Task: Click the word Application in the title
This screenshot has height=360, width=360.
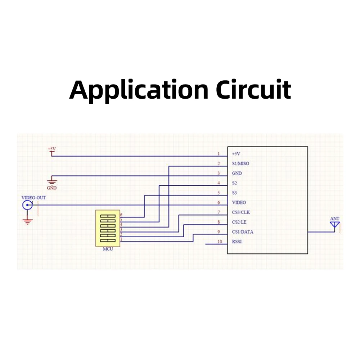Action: pyautogui.click(x=139, y=90)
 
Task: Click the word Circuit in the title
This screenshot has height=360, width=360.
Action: pyautogui.click(x=253, y=90)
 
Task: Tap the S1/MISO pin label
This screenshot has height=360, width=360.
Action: pyautogui.click(x=240, y=163)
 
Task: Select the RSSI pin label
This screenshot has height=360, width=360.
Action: pyautogui.click(x=237, y=242)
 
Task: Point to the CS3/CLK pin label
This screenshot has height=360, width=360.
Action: pyautogui.click(x=241, y=212)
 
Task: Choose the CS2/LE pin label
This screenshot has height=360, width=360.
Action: pyautogui.click(x=239, y=222)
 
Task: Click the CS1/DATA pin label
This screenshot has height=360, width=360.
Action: pyautogui.click(x=242, y=232)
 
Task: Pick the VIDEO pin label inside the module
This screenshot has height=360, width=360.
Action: pyautogui.click(x=239, y=202)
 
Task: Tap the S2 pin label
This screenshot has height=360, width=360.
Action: pyautogui.click(x=234, y=183)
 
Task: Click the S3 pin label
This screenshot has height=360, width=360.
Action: pyautogui.click(x=234, y=193)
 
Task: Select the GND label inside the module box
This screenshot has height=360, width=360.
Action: pyautogui.click(x=237, y=174)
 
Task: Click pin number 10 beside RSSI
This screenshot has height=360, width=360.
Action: pyautogui.click(x=220, y=242)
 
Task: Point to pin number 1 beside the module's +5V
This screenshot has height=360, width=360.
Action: pyautogui.click(x=219, y=154)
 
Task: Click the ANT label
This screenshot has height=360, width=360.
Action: pyautogui.click(x=335, y=219)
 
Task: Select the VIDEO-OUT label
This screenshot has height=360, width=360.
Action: pyautogui.click(x=33, y=198)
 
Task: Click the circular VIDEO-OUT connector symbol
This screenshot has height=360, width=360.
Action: pyautogui.click(x=27, y=205)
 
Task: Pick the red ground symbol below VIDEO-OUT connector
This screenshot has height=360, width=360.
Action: pyautogui.click(x=28, y=221)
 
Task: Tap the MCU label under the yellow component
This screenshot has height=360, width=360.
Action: pyautogui.click(x=108, y=249)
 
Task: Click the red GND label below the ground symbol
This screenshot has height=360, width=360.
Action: pyautogui.click(x=51, y=188)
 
